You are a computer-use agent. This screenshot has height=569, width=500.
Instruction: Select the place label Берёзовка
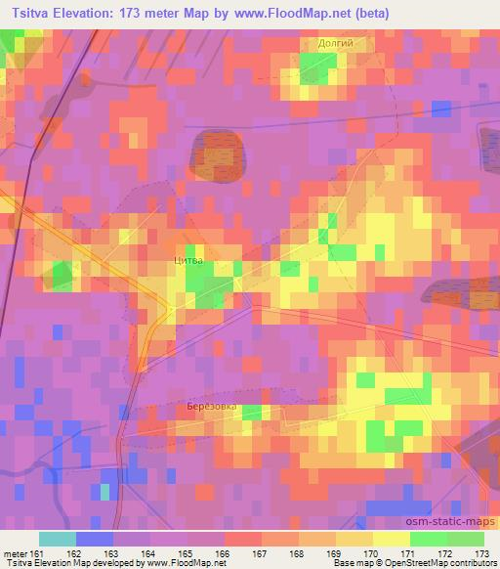211,406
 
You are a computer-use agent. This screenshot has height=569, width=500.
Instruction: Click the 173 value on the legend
482,554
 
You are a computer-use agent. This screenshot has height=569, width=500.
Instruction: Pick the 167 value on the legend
261,554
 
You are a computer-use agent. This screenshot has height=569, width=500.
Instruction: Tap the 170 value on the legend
372,554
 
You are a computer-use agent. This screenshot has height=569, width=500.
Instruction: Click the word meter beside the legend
16,554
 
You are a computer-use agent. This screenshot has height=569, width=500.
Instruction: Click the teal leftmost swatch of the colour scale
57,540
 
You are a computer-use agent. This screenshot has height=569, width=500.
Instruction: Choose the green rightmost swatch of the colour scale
465,540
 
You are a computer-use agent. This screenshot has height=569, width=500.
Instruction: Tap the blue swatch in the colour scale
94,540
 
